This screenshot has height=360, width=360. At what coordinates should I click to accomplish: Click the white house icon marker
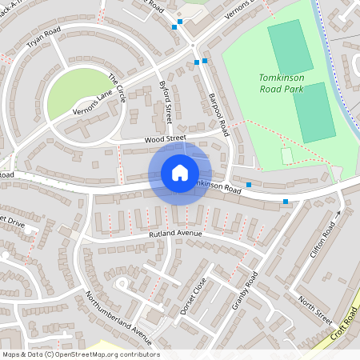pyautogui.click(x=180, y=173)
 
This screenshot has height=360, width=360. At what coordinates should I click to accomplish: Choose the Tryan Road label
pyautogui.click(x=44, y=41)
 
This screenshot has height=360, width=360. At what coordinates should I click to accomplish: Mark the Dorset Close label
pyautogui.click(x=193, y=295)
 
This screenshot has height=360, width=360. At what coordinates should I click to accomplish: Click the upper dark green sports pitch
pyautogui.click(x=290, y=48)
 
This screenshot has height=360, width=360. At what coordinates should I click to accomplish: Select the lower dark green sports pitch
pyautogui.click(x=314, y=112)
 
